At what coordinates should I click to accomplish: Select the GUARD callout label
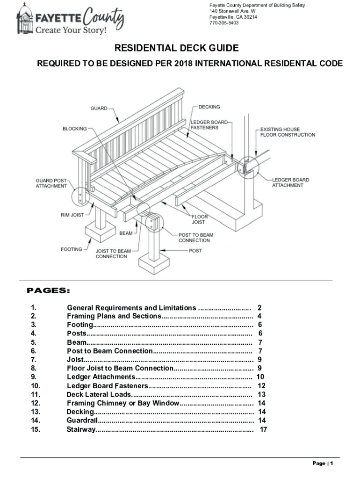click(x=99, y=109)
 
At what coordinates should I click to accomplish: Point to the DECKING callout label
click(x=209, y=107)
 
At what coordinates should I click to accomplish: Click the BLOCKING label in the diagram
click(x=75, y=129)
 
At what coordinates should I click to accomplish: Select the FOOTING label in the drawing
click(x=71, y=249)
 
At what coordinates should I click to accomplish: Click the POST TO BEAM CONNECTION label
click(x=194, y=238)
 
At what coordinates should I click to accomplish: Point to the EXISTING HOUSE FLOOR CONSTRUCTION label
click(x=287, y=132)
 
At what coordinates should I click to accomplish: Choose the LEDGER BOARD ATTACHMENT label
click(x=290, y=182)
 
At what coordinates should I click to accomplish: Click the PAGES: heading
click(x=49, y=291)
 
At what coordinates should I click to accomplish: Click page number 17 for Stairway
click(x=263, y=429)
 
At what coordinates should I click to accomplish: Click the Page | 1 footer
click(x=323, y=464)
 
